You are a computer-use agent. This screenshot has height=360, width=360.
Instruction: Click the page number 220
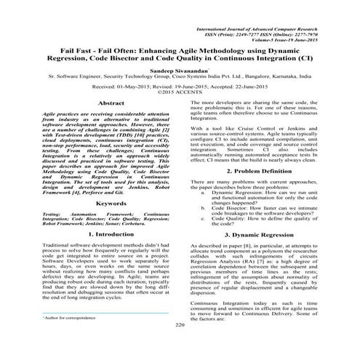(180, 345)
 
